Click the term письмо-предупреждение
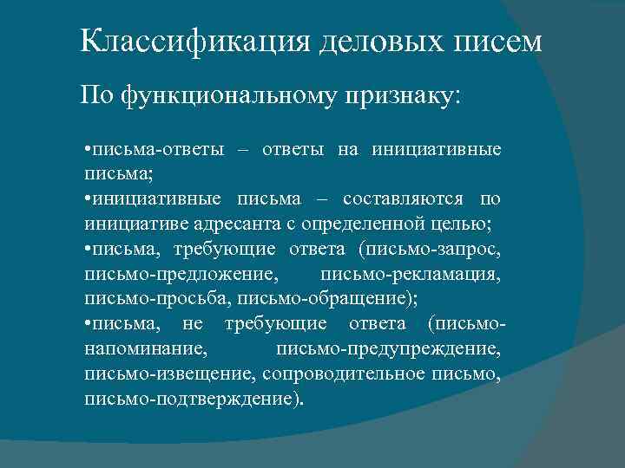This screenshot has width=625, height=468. (x=388, y=349)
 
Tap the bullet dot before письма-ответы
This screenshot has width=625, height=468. (x=89, y=150)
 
